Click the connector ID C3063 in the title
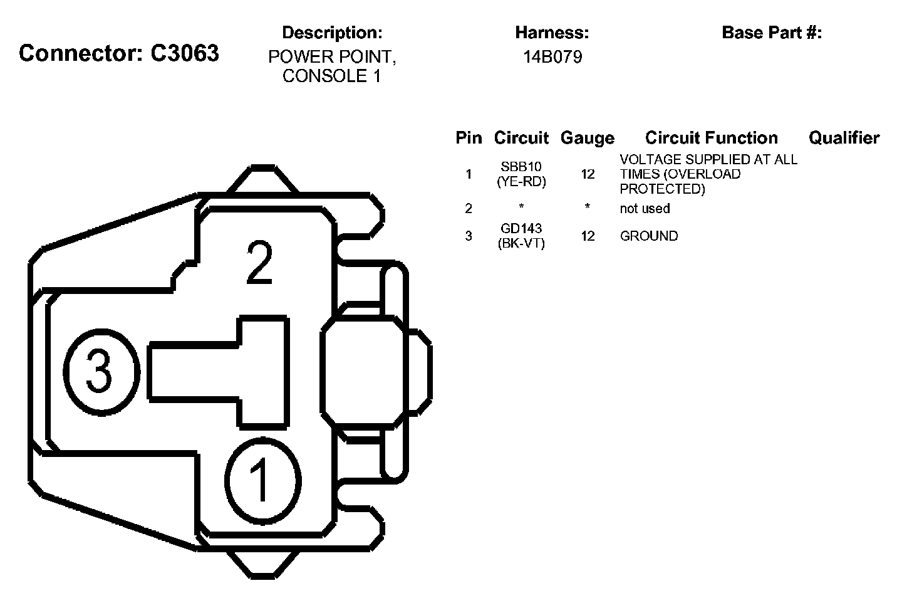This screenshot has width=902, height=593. pyautogui.click(x=185, y=53)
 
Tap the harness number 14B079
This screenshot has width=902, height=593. pyautogui.click(x=552, y=57)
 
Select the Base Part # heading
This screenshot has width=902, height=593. pyautogui.click(x=772, y=33)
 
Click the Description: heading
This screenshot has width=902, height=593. pyautogui.click(x=332, y=33)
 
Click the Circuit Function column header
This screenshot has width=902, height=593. pyautogui.click(x=712, y=138)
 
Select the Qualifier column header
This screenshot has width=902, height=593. pyautogui.click(x=844, y=138)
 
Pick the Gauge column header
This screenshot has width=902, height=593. pyautogui.click(x=588, y=138)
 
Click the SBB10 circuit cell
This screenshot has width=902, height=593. pyautogui.click(x=521, y=166)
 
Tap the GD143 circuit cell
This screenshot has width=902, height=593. pyautogui.click(x=521, y=228)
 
